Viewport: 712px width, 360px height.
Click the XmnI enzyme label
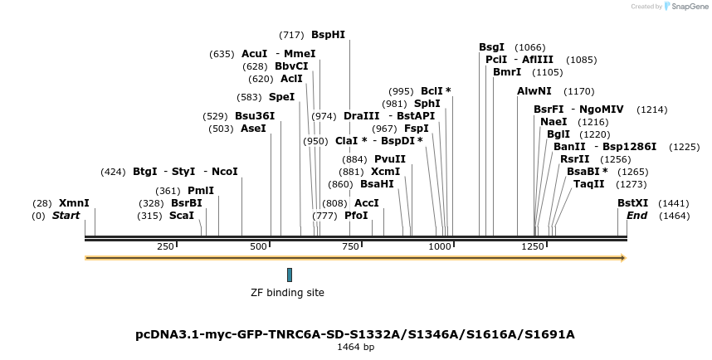coord(74,202)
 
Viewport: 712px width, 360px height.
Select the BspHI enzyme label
coord(328,35)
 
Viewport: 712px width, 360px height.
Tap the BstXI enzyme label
coord(632,202)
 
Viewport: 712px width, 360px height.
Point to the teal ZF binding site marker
coord(290,275)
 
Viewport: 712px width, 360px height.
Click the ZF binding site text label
coord(287,293)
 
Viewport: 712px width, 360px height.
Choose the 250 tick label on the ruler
coord(165,246)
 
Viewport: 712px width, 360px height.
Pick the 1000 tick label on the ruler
coord(437,246)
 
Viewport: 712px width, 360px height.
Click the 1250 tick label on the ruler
coord(532,246)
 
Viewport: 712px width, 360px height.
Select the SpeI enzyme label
coord(281,96)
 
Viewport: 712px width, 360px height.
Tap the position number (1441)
coord(673,202)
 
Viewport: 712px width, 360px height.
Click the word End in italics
coord(636,216)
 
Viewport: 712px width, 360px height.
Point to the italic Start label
coord(66,216)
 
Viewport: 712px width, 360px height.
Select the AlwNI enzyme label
coord(534,90)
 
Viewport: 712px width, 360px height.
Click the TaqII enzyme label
coord(588,184)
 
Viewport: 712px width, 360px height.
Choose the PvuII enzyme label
coord(390,158)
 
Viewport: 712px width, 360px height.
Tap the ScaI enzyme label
coord(182,216)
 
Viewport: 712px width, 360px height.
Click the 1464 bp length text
coord(355,348)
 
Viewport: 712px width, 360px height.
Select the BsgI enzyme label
coord(491,47)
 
